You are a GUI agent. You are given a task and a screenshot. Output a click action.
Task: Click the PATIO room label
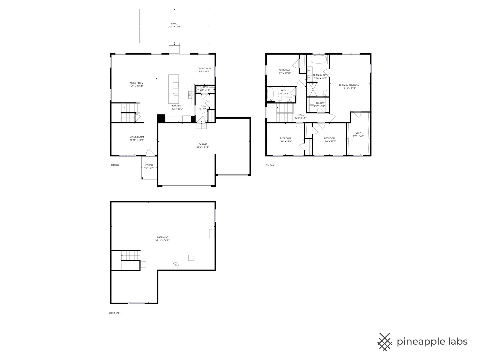pyautogui.click(x=174, y=24)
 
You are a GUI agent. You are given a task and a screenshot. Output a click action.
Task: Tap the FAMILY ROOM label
pyautogui.click(x=136, y=83)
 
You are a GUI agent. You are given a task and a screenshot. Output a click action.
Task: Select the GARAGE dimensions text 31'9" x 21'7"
pyautogui.click(x=203, y=147)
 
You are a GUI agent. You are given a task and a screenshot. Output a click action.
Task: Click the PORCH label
pyautogui.click(x=149, y=165)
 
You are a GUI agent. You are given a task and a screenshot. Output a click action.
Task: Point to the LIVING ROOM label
pyautogui.click(x=137, y=137)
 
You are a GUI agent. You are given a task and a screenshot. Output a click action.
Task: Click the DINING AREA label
pyautogui.click(x=204, y=69)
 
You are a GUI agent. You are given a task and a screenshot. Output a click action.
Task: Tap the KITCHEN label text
pyautogui.click(x=176, y=106)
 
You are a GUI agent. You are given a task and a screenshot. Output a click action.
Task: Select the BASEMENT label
pyautogui.click(x=163, y=237)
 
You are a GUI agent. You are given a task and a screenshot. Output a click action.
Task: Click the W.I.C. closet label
pyautogui.click(x=358, y=133)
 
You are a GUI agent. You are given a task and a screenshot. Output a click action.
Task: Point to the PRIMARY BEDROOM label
pyautogui.click(x=349, y=85)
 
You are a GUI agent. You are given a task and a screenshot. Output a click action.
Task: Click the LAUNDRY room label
pyautogui.click(x=319, y=103)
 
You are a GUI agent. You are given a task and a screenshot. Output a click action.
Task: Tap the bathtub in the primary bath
pyautogui.click(x=319, y=60)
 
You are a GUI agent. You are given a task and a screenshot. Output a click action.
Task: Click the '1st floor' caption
pyautogui.click(x=115, y=165)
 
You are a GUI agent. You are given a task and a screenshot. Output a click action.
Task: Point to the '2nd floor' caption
pyautogui.click(x=270, y=165)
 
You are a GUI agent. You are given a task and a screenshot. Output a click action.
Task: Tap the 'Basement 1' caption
pyautogui.click(x=114, y=313)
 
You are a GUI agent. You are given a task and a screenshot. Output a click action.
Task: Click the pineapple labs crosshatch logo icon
pyautogui.click(x=385, y=342)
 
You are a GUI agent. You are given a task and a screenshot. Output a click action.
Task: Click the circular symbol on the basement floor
pyautogui.click(x=175, y=265)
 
